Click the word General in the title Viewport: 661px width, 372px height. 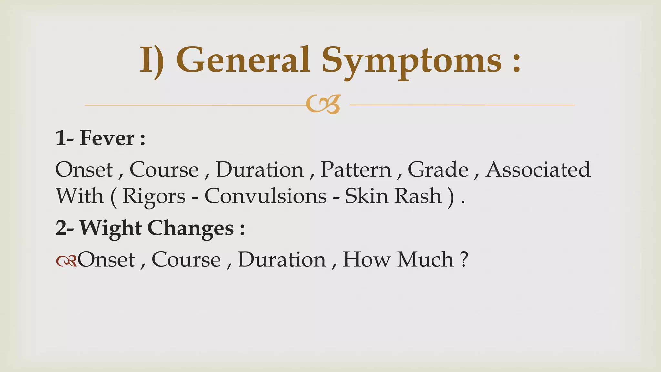pyautogui.click(x=243, y=60)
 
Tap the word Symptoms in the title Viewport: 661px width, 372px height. pyautogui.click(x=412, y=61)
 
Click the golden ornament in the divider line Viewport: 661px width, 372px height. pyautogui.click(x=323, y=104)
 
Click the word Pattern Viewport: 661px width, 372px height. pyautogui.click(x=356, y=170)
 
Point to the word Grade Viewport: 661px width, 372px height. pyautogui.click(x=438, y=170)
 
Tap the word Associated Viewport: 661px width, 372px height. pyautogui.click(x=538, y=170)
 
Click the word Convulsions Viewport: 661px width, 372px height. pyautogui.click(x=265, y=196)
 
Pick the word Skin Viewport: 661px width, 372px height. pyautogui.click(x=366, y=196)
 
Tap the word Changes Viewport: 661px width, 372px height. pyautogui.click(x=190, y=229)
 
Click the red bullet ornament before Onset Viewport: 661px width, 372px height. pyautogui.click(x=66, y=260)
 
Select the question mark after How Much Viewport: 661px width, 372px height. pyautogui.click(x=464, y=259)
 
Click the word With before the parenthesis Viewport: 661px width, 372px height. pyautogui.click(x=80, y=196)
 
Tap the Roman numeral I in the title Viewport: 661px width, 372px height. pyautogui.click(x=147, y=60)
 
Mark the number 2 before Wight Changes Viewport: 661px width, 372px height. pyautogui.click(x=61, y=228)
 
